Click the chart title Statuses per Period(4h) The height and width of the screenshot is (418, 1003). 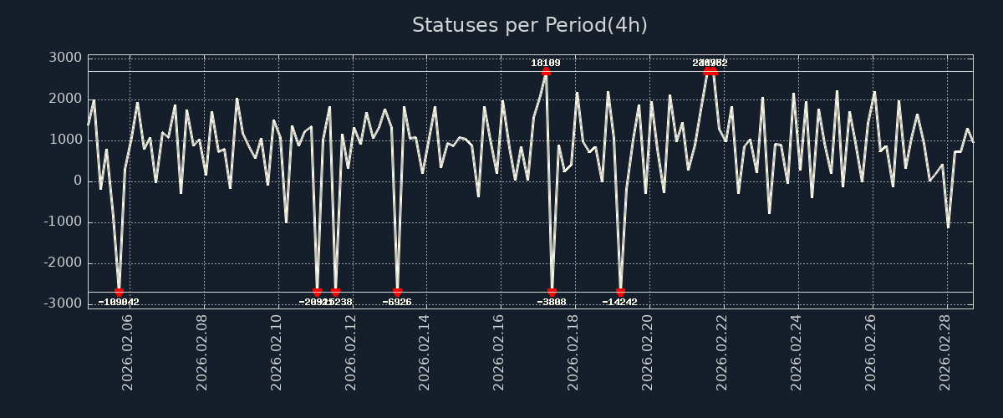coord(529,26)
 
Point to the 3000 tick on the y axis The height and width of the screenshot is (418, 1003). coord(65,58)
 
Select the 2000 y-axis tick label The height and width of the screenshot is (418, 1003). coord(65,99)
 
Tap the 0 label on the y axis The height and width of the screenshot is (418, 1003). coord(77,181)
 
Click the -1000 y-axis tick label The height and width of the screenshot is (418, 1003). coord(62,222)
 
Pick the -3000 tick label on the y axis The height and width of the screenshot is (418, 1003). coord(62,303)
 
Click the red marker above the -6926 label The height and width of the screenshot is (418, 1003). coord(397,293)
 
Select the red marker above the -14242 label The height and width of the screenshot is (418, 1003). coord(620,293)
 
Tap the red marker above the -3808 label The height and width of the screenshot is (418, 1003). coord(552,293)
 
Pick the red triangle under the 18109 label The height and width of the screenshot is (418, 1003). coord(546,71)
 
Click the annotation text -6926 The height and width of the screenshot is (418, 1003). coord(397,303)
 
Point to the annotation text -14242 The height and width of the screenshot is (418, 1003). coord(620,303)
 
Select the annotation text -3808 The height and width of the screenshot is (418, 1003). coord(552,303)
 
